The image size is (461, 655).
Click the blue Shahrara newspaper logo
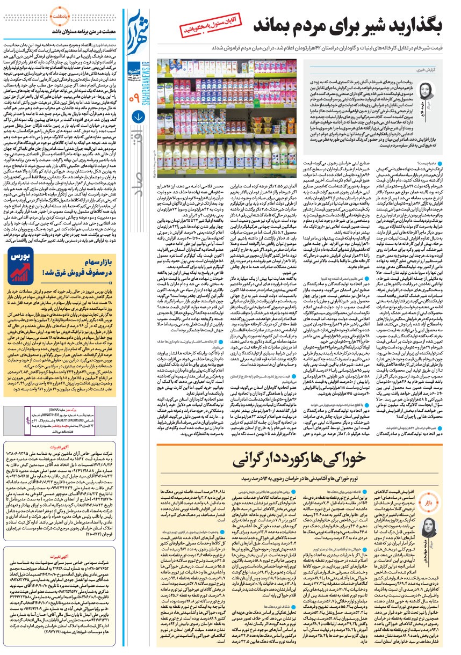click(136, 30)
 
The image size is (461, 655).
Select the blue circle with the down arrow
click(136, 130)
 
